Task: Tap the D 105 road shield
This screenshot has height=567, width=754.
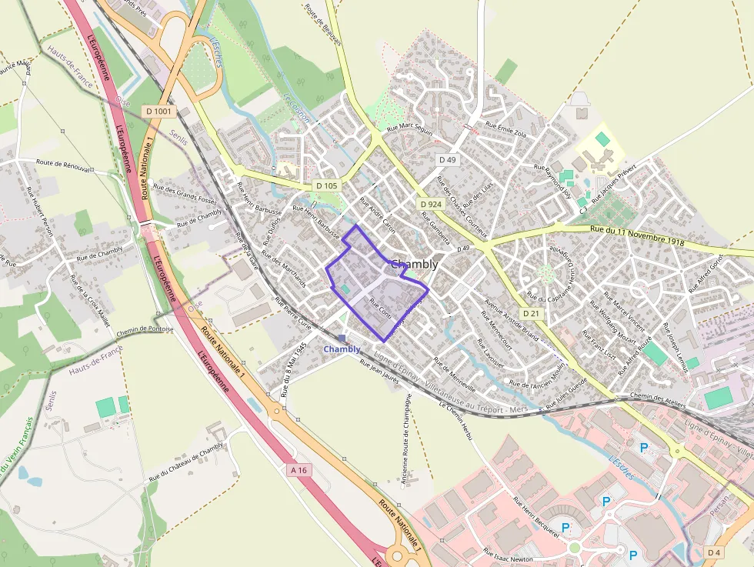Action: (327, 185)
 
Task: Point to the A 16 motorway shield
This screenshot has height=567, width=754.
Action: (299, 469)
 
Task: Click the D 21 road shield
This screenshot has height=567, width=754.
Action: (531, 313)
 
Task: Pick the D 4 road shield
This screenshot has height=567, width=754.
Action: (714, 552)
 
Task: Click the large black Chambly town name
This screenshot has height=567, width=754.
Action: (415, 264)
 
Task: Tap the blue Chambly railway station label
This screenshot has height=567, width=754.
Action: (342, 349)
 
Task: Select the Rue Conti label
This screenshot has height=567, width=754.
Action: (381, 305)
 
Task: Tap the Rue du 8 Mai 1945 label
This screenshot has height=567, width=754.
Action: (294, 369)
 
